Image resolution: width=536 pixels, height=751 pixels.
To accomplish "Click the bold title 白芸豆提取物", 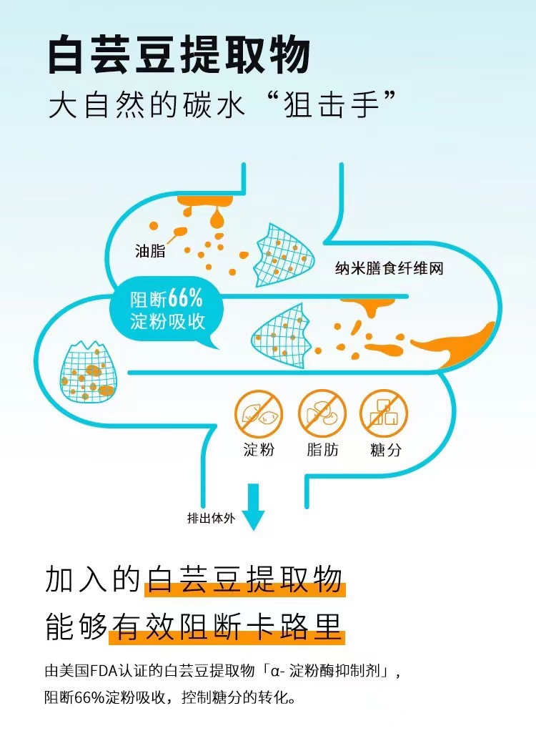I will pos(179,55).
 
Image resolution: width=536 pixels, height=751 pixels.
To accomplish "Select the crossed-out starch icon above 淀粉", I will pos(259,413).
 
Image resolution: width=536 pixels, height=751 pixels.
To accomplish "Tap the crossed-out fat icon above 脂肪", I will pos(322,413).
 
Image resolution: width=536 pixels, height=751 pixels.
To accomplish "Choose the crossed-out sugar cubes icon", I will pos(384,413).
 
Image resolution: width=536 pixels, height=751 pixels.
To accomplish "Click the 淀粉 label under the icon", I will pos(259,451).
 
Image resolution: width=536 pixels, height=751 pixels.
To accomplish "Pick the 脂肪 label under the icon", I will pos(322,451).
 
